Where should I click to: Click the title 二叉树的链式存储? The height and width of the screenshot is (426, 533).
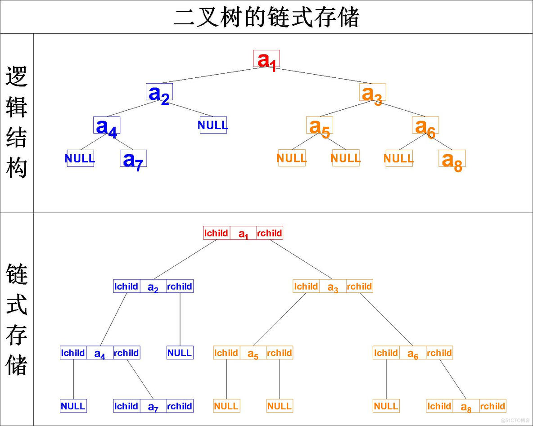266,17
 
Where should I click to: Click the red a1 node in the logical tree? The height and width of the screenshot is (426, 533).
266,59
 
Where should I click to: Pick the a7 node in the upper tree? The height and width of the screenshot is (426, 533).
133,159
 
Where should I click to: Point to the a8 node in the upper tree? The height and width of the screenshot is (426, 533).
452,159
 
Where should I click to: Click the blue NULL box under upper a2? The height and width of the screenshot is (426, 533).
213,125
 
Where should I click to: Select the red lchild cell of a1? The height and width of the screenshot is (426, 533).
217,233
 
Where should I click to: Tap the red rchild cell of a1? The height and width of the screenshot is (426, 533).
270,233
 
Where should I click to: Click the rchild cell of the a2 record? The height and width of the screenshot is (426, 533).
180,286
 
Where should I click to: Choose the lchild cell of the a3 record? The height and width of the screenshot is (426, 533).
306,286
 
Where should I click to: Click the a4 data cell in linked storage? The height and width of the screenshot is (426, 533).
100,353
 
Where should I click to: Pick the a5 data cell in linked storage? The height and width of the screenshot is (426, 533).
253,353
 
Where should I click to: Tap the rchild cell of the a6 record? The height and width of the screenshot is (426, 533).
439,353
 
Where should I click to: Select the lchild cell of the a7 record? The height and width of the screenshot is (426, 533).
126,406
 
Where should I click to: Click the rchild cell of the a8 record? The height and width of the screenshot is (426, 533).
492,406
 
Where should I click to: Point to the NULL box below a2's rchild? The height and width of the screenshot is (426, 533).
180,353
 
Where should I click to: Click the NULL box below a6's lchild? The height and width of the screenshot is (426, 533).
386,406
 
